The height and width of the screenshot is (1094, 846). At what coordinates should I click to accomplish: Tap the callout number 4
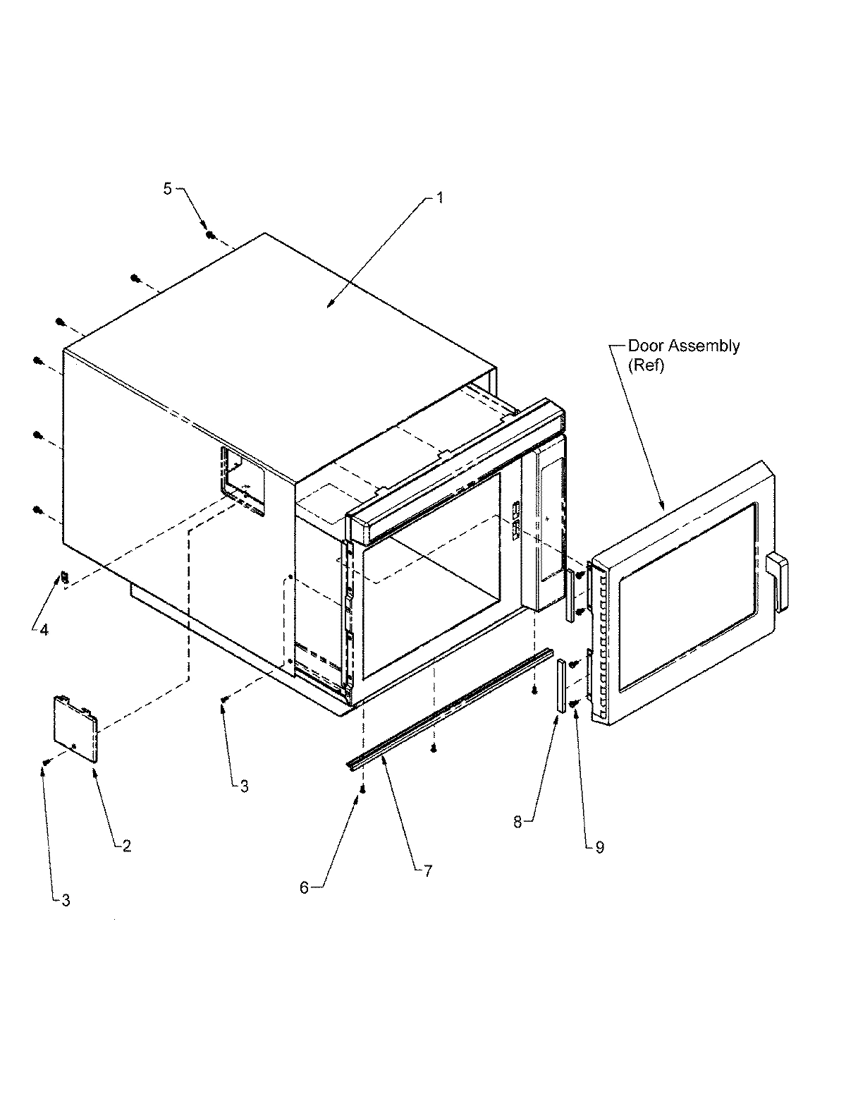click(44, 630)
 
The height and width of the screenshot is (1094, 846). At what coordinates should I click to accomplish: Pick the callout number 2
click(127, 846)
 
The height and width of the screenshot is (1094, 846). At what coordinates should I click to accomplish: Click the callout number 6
click(304, 887)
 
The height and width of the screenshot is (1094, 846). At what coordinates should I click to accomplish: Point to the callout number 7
click(427, 871)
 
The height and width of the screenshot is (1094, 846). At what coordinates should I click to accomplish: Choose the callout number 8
click(517, 822)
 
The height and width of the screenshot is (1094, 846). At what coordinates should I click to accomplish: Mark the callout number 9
click(599, 847)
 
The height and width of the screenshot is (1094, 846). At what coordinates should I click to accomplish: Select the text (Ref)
click(646, 367)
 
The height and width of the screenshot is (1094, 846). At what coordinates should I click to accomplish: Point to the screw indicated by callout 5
click(210, 234)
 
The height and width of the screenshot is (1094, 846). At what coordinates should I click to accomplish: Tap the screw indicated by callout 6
click(362, 789)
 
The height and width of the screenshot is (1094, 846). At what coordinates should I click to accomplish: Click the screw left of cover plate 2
click(46, 762)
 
